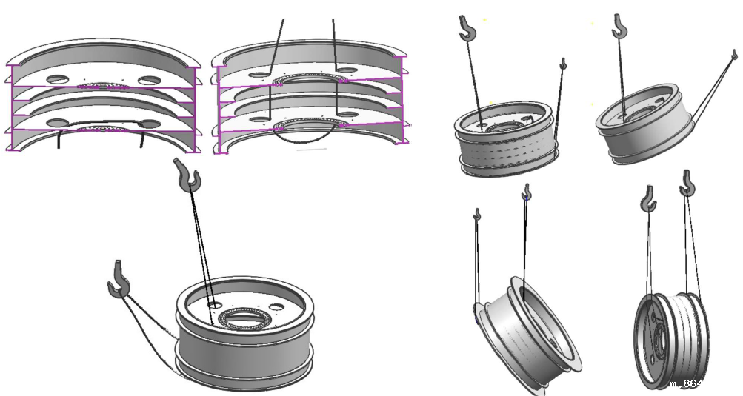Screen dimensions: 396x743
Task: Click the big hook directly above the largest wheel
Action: pyautogui.click(x=188, y=174)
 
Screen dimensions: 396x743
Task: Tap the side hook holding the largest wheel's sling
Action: pyautogui.click(x=118, y=280)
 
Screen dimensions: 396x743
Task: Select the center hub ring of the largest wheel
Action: pyautogui.click(x=240, y=320)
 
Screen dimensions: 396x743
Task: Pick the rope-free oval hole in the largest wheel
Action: pyautogui.click(x=277, y=306)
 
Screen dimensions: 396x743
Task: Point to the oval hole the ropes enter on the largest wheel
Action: pyautogui.click(x=214, y=304)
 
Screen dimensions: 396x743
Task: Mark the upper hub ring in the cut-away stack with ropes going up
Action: pyautogui.click(x=305, y=79)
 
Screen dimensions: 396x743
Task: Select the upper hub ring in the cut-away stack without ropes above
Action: pyautogui.click(x=103, y=86)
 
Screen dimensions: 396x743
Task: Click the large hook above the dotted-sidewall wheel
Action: pyautogui.click(x=467, y=29)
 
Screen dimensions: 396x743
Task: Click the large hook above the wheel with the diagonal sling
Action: pyautogui.click(x=619, y=27)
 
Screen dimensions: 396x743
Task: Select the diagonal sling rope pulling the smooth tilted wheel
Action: pyautogui.click(x=712, y=85)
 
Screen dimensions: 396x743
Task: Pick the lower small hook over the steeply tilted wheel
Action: pyautogui.click(x=478, y=215)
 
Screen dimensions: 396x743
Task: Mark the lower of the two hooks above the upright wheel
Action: pyautogui.click(x=648, y=198)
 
